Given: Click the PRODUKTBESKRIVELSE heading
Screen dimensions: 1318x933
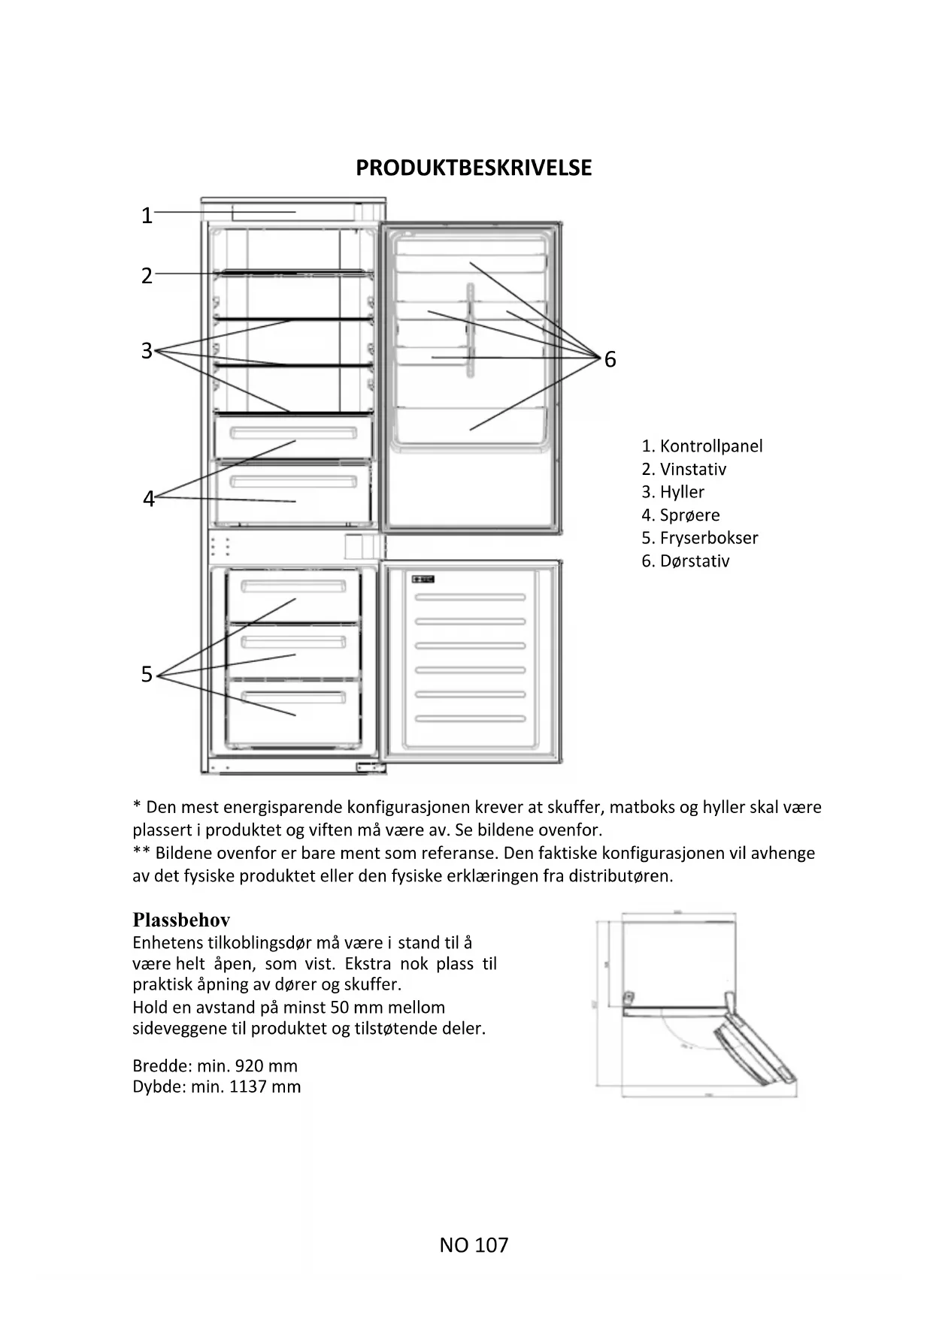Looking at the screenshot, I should click(474, 168).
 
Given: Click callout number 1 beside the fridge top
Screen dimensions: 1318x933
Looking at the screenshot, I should click(147, 216).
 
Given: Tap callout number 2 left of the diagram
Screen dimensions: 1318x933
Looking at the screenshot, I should click(147, 276).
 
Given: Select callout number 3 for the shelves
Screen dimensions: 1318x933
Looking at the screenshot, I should click(147, 351).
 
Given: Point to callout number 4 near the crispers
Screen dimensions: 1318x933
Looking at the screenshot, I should click(148, 499).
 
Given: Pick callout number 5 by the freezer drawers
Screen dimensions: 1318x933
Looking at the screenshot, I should click(147, 675).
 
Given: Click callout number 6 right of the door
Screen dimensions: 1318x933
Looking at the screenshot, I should click(610, 360).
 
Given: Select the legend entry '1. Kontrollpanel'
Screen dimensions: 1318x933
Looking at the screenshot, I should click(701, 446).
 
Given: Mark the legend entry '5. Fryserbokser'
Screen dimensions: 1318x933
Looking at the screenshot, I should click(699, 538).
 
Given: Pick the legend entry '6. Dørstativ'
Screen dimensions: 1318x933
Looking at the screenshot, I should click(685, 561).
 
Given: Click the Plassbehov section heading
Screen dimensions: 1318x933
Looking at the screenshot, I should click(181, 920).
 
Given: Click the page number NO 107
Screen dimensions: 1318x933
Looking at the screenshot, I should click(474, 1245).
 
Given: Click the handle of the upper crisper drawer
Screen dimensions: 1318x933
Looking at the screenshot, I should click(293, 434).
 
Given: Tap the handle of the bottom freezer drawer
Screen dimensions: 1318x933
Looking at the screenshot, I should click(293, 697).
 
